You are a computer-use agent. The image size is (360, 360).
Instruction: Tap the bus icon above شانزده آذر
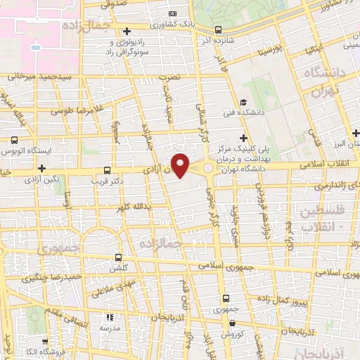tap(218, 30)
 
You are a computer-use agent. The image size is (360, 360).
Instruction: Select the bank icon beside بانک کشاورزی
tap(173, 14)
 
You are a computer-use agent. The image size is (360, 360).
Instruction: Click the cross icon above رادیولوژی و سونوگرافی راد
tap(126, 31)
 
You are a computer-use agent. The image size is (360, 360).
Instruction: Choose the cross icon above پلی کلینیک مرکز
tap(244, 138)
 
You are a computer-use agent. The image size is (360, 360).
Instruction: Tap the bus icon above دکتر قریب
tap(107, 169)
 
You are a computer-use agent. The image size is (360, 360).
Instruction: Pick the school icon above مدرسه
tap(108, 318)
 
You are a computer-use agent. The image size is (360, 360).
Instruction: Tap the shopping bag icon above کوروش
tap(232, 323)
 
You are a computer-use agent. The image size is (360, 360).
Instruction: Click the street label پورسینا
tap(268, 51)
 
